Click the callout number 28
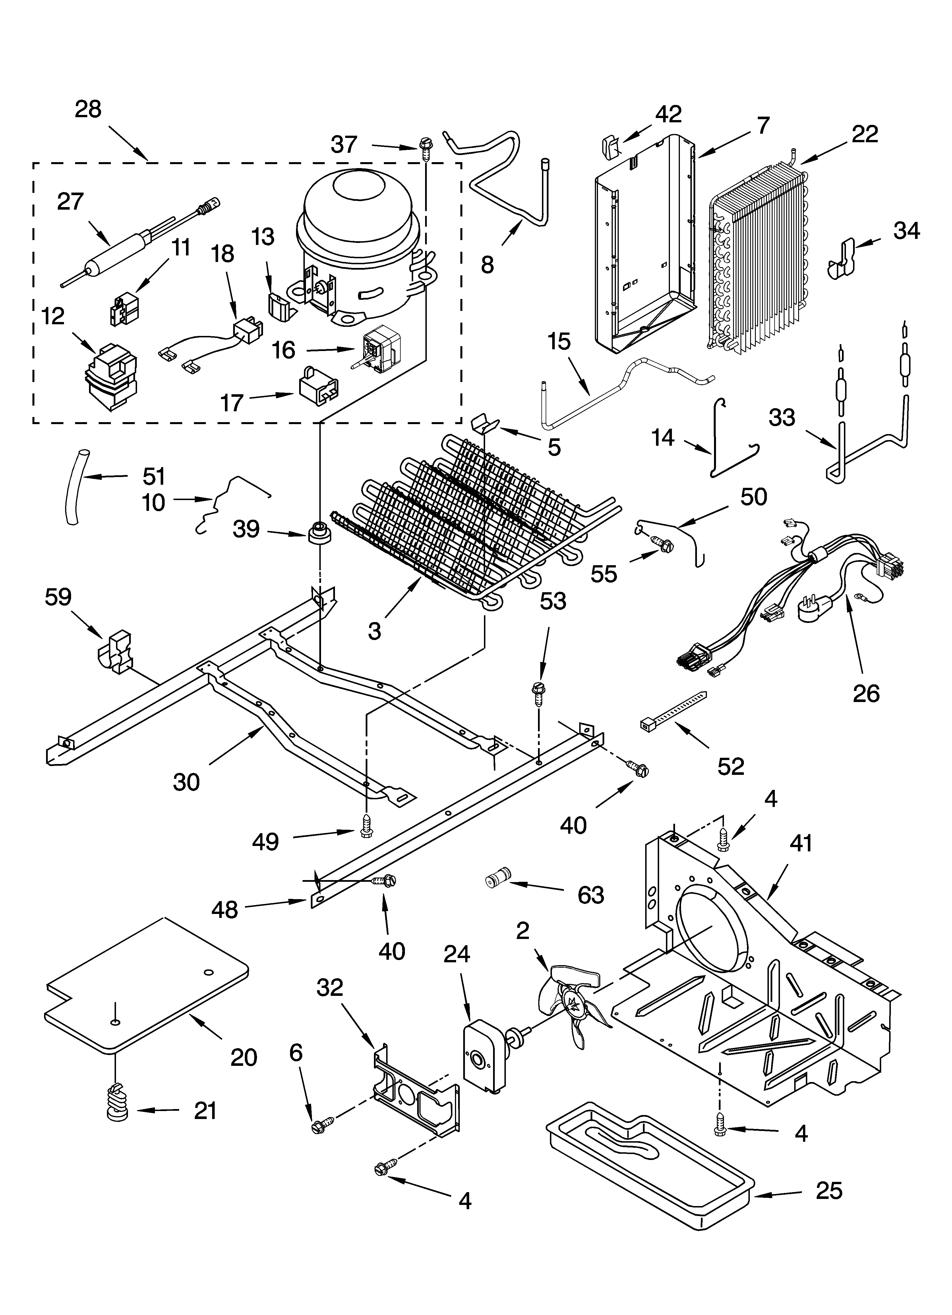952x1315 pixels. (x=88, y=109)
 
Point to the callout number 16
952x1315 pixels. (x=284, y=350)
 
